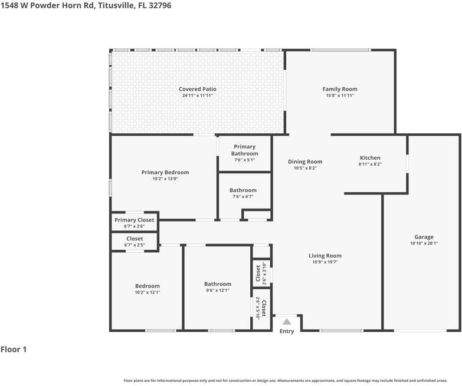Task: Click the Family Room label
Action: [x=340, y=89]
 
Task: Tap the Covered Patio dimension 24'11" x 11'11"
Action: [x=198, y=95]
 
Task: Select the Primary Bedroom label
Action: [x=165, y=173]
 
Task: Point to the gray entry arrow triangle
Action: [x=287, y=321]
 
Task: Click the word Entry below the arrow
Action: [x=287, y=331]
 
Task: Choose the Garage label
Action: [x=424, y=237]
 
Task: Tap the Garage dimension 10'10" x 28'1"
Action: [x=424, y=243]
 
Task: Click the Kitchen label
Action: [x=370, y=158]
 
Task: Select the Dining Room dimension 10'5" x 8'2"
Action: [x=305, y=168]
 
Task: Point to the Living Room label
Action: [x=325, y=256]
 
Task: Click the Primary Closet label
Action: [x=135, y=220]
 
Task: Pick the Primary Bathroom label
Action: [x=244, y=150]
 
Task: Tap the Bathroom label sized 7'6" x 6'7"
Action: [x=243, y=190]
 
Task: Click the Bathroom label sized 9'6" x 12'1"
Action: [x=218, y=284]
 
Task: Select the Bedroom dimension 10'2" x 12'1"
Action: [x=148, y=292]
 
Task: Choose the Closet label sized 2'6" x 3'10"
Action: [x=258, y=273]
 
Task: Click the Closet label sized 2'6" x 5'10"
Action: [x=264, y=309]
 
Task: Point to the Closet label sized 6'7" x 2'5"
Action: [x=135, y=239]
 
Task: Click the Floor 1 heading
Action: [x=14, y=349]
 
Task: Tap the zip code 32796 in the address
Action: [x=160, y=5]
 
